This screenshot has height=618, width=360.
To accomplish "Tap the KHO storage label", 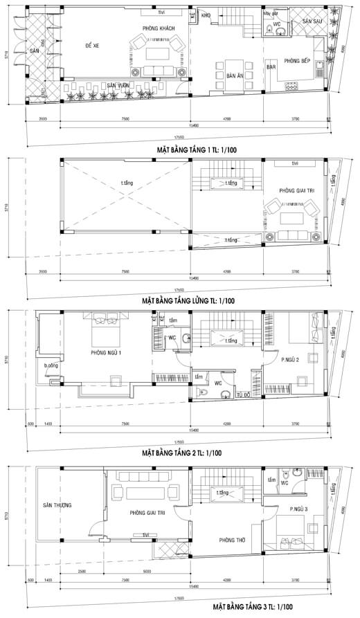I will click(x=206, y=14).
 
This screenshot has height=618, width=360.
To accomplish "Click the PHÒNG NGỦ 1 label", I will click(x=106, y=353).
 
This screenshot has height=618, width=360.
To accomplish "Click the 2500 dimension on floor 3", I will click(x=82, y=570).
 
